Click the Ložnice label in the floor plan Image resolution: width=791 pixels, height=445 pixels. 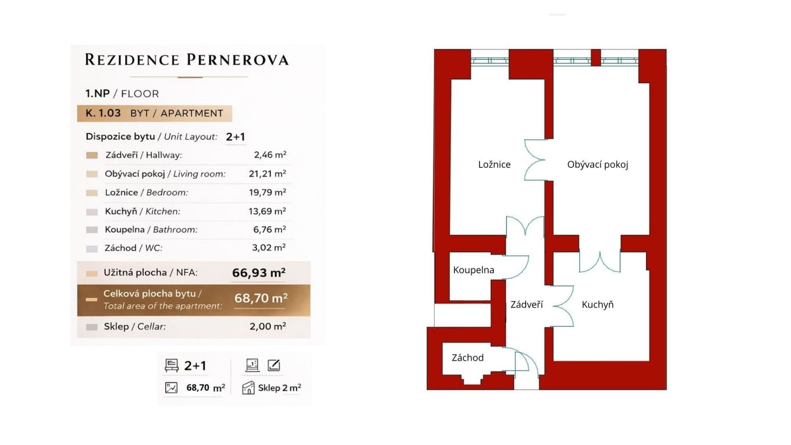point(494,164)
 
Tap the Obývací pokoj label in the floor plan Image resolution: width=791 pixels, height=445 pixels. point(597,164)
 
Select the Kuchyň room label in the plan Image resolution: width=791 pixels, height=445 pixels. point(597,304)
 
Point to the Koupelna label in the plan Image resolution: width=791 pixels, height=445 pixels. point(473,270)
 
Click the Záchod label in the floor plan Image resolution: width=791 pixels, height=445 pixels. point(467,358)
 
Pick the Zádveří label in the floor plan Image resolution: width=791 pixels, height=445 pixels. point(526,304)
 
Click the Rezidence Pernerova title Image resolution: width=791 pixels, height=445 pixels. point(186,60)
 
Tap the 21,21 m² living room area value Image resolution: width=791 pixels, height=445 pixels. point(267,174)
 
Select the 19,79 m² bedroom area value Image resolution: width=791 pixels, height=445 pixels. point(267,192)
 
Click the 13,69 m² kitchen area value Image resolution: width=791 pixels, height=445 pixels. point(267,211)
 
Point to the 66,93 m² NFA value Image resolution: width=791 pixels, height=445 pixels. point(258,273)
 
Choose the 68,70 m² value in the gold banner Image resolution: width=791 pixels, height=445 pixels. point(261,298)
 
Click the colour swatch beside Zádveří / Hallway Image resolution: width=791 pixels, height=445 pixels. point(92,155)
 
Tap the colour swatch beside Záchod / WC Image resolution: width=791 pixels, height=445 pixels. point(92,249)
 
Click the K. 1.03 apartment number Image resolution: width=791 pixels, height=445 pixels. point(103,113)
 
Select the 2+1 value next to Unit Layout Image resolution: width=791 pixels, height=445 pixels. point(235,137)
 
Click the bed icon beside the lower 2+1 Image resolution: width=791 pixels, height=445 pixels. point(171,365)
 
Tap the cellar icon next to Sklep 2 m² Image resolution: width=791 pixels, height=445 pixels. point(248,388)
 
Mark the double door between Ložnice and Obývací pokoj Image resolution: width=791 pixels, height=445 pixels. point(535,160)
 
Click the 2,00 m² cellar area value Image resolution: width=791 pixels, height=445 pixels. point(268,326)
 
